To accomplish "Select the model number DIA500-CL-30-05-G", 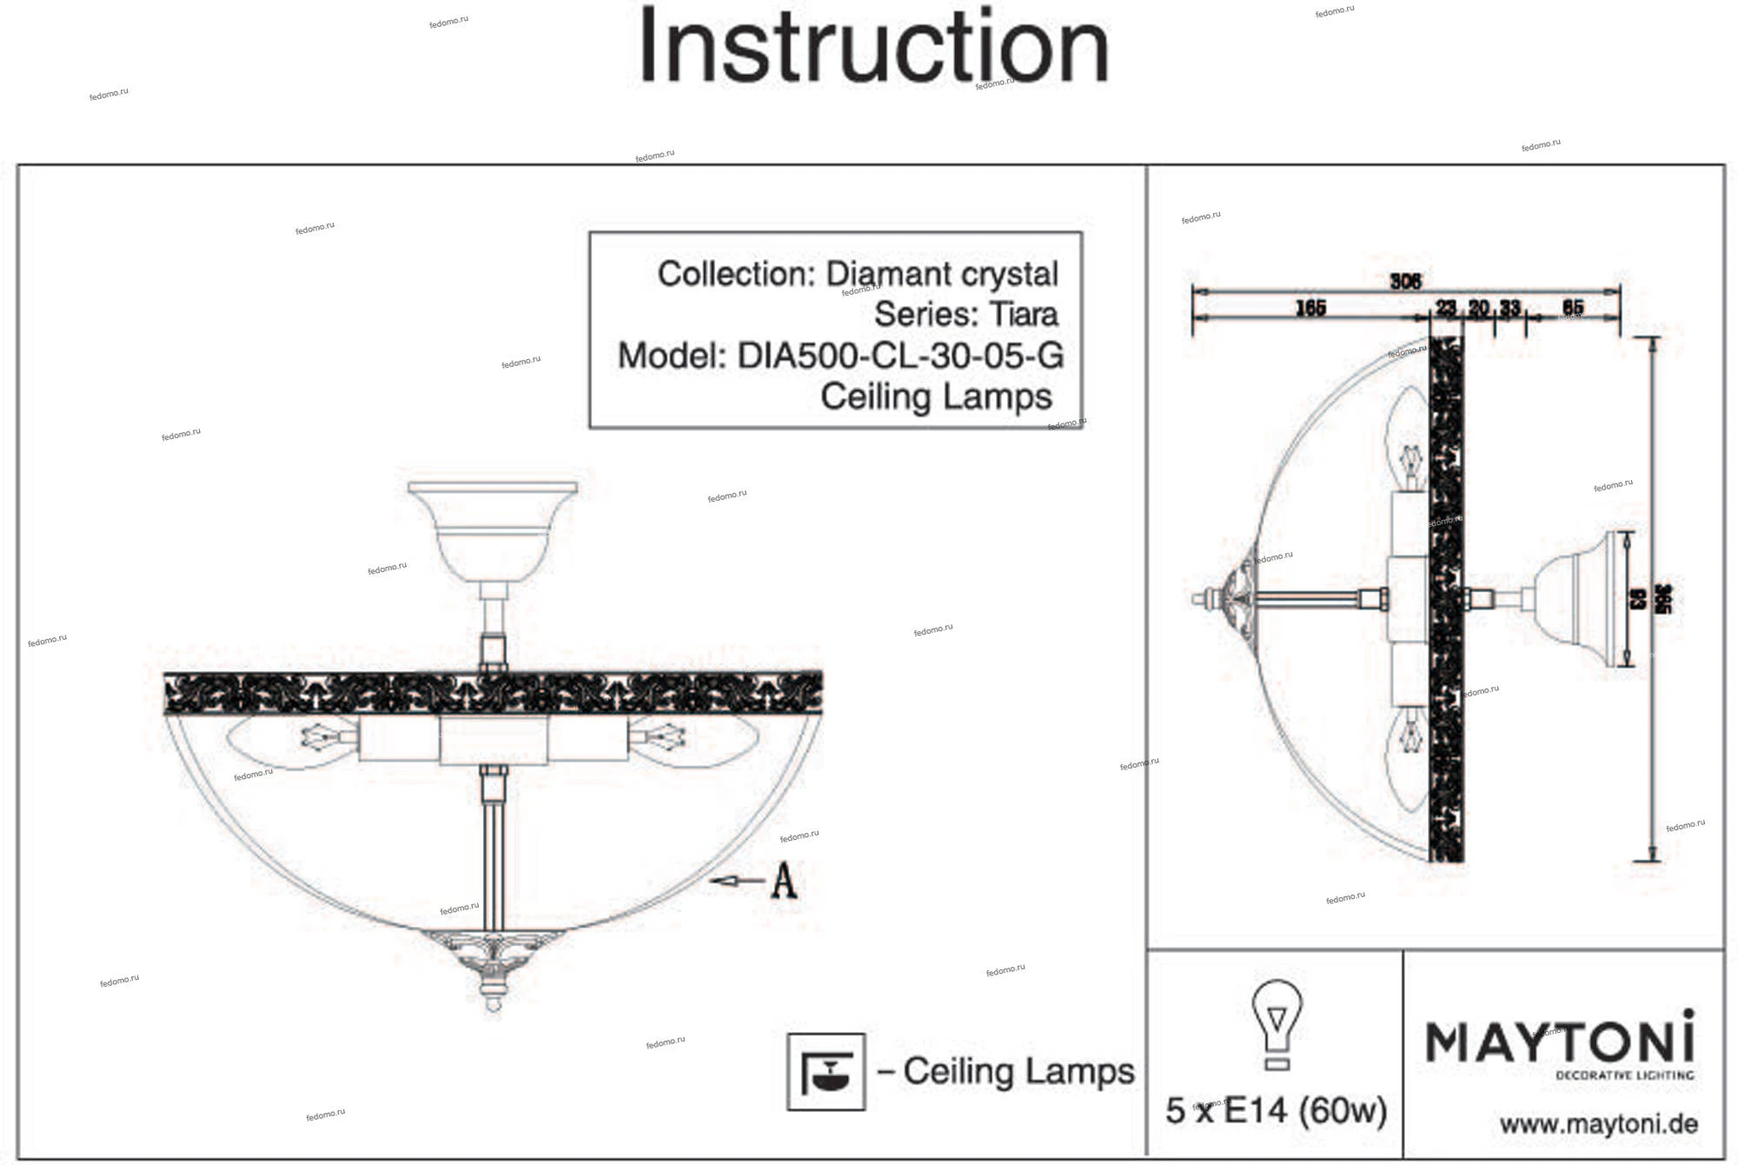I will (x=900, y=356).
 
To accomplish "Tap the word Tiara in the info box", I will (x=1023, y=314).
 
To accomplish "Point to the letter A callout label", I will (x=784, y=881).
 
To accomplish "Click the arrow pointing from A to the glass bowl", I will (x=736, y=881).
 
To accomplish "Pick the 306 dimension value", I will (x=1404, y=281).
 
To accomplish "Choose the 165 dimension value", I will (x=1310, y=308).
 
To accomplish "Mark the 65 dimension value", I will (x=1573, y=308).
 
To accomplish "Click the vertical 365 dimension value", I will (x=1663, y=599).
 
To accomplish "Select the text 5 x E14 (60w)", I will (x=1276, y=1110).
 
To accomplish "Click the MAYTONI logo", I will (x=1560, y=1041).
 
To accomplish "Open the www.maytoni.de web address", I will (x=1598, y=1124).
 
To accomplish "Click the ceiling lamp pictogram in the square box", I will (x=826, y=1071).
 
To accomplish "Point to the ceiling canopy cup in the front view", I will (x=493, y=530).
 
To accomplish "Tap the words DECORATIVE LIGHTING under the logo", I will (x=1624, y=1075).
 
